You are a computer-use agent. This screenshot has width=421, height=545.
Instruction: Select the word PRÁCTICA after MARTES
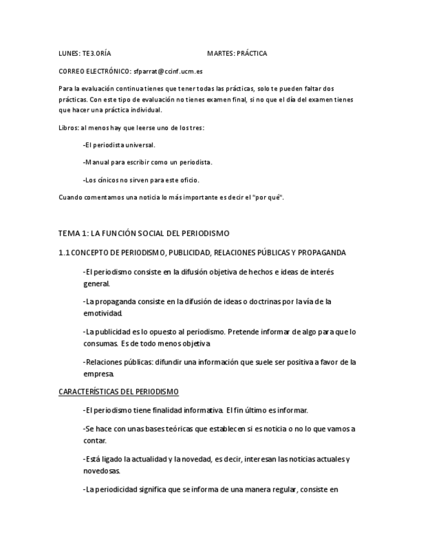[x=252, y=53]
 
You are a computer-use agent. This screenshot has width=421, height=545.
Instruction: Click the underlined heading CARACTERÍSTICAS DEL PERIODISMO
[x=118, y=391]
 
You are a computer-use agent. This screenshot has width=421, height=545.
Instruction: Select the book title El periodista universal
[x=120, y=145]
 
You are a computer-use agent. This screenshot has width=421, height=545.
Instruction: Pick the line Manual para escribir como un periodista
[x=148, y=162]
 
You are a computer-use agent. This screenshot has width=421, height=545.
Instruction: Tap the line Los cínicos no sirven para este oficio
[x=142, y=179]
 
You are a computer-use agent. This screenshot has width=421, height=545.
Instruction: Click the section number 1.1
[x=64, y=252]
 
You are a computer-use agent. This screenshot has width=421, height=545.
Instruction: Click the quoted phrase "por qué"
[x=269, y=197]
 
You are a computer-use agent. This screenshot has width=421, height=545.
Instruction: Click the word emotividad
[x=103, y=313]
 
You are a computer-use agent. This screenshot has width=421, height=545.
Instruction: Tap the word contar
[x=94, y=441]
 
